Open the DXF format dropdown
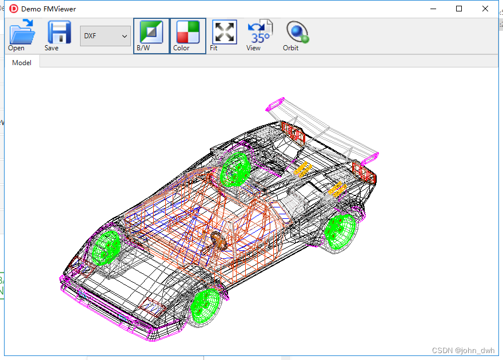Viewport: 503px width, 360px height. pyautogui.click(x=106, y=36)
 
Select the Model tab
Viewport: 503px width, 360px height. pyautogui.click(x=22, y=62)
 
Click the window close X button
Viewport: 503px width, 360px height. pyautogui.click(x=485, y=9)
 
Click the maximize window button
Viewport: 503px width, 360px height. pyautogui.click(x=459, y=9)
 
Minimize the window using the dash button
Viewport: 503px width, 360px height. pyautogui.click(x=433, y=9)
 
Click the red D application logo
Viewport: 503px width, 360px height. pyautogui.click(x=14, y=9)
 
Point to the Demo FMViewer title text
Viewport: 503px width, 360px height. pyautogui.click(x=49, y=9)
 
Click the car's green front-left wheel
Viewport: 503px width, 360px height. pyautogui.click(x=105, y=247)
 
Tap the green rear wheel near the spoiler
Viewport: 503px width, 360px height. pyautogui.click(x=341, y=228)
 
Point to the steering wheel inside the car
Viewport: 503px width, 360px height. pyautogui.click(x=219, y=239)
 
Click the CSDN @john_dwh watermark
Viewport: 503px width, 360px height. pyautogui.click(x=463, y=350)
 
